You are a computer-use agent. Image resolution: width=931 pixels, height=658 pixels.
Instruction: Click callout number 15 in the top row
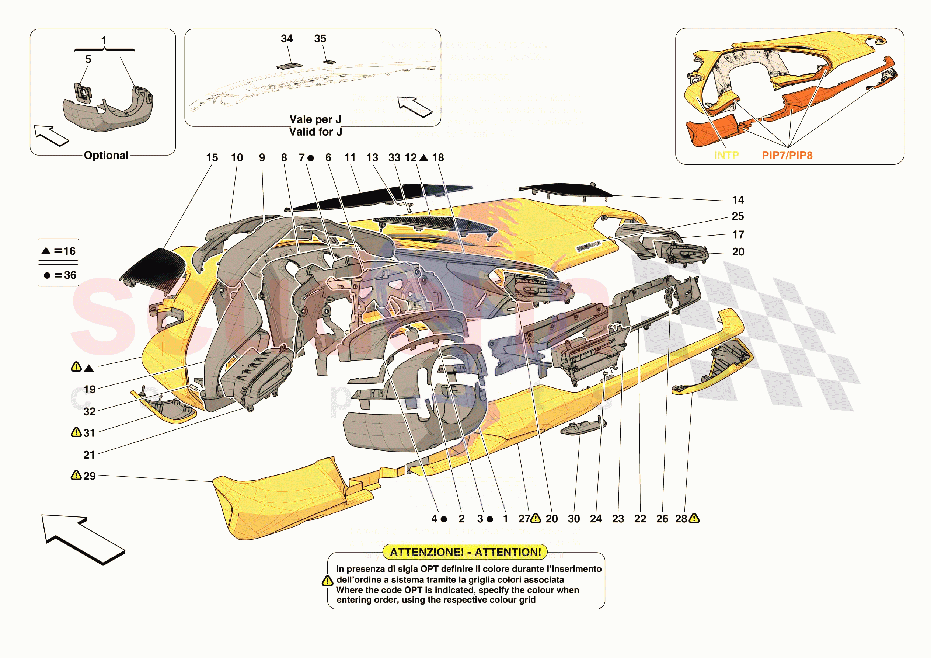212,157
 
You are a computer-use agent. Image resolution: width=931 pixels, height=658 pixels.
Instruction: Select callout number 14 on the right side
738,200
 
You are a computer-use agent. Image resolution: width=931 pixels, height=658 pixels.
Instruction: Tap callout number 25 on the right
738,216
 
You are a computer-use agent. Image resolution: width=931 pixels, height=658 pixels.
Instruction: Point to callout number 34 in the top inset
287,39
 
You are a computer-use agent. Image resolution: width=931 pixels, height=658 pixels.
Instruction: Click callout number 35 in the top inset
320,39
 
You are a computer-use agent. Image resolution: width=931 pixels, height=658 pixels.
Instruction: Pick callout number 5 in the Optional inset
88,59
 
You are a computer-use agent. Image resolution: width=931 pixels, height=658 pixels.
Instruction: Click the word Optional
106,155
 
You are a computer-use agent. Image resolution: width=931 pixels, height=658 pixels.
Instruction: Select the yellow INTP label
726,155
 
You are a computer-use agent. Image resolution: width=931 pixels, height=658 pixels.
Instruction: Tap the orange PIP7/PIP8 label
787,155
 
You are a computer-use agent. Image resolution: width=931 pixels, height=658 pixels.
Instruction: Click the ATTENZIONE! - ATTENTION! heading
465,552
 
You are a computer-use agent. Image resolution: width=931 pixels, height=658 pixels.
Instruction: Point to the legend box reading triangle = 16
58,250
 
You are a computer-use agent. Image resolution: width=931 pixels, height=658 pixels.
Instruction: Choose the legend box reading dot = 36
58,275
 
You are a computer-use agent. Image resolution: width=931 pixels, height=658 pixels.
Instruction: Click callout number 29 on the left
89,476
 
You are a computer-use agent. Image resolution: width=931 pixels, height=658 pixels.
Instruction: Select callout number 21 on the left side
89,455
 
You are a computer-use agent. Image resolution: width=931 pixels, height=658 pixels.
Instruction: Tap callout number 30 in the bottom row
574,519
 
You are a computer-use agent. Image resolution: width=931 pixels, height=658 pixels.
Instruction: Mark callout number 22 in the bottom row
640,519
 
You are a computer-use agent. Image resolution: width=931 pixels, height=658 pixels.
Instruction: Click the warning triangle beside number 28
694,518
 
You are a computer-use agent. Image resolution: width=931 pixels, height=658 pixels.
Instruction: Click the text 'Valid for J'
315,132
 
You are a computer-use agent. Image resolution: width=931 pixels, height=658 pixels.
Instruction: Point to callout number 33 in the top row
394,157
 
